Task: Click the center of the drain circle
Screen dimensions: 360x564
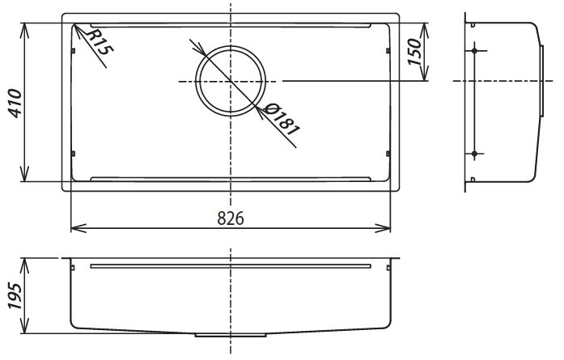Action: pos(231,81)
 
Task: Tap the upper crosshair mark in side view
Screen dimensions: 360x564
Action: pos(473,52)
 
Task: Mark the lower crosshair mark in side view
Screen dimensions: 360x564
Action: pos(473,153)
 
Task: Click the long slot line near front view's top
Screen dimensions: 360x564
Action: pos(231,265)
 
